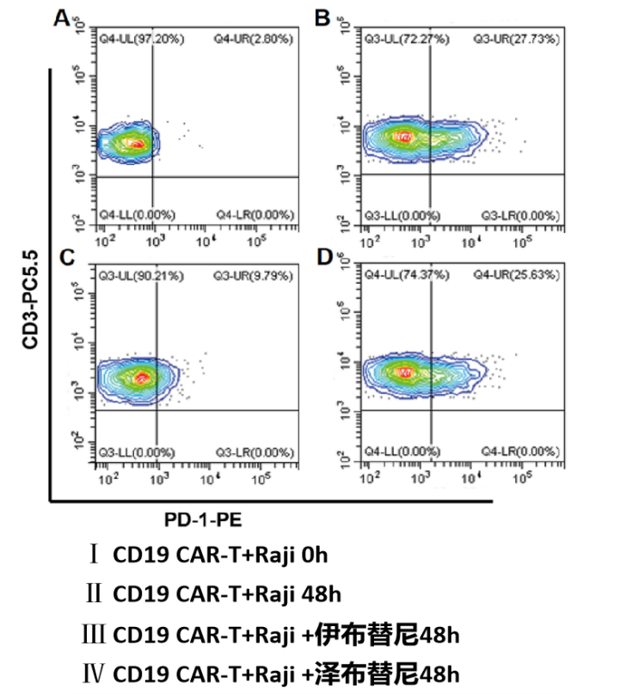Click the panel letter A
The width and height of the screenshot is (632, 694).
pyautogui.click(x=62, y=18)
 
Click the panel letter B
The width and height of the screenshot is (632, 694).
pyautogui.click(x=323, y=18)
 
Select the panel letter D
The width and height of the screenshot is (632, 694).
pyautogui.click(x=323, y=257)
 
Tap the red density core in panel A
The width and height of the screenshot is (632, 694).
pyautogui.click(x=135, y=143)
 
